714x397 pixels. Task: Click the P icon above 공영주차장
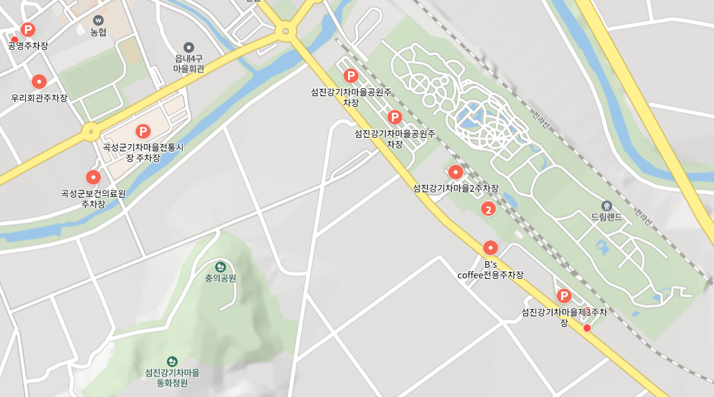pyautogui.click(x=28, y=29)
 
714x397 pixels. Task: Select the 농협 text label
pyautogui.click(x=98, y=33)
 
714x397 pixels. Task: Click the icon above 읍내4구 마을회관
pyautogui.click(x=189, y=47)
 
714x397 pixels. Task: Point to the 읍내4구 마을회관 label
pyautogui.click(x=189, y=63)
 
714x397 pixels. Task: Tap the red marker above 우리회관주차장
pyautogui.click(x=39, y=82)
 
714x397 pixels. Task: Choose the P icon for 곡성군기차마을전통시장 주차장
pyautogui.click(x=143, y=131)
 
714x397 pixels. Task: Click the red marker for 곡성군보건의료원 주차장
pyautogui.click(x=93, y=177)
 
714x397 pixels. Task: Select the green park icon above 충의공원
pyautogui.click(x=220, y=266)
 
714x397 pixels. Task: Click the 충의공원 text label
pyautogui.click(x=220, y=278)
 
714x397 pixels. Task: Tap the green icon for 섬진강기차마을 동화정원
pyautogui.click(x=172, y=361)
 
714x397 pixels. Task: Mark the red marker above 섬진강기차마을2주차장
pyautogui.click(x=456, y=172)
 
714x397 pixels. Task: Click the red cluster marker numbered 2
pyautogui.click(x=488, y=209)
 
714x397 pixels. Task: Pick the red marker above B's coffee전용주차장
pyautogui.click(x=491, y=247)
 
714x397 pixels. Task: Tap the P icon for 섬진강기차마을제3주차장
pyautogui.click(x=564, y=296)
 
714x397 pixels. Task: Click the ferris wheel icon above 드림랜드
pyautogui.click(x=606, y=205)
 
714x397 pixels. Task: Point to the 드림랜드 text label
pyautogui.click(x=606, y=217)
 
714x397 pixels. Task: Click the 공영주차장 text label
pyautogui.click(x=28, y=46)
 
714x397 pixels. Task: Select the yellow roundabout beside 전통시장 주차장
pyautogui.click(x=90, y=131)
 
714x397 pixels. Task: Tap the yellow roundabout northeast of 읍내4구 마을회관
pyautogui.click(x=286, y=31)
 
